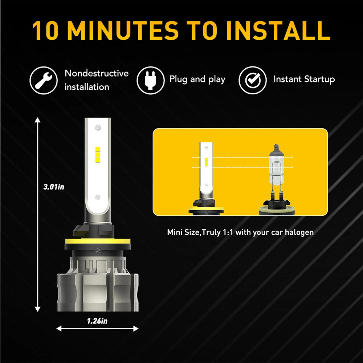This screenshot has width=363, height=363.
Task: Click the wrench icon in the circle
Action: [44, 80]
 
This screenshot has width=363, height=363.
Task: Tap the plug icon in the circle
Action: [151, 80]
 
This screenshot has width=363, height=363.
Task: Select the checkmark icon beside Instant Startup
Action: [253, 80]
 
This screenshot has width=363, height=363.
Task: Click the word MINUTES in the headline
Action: [123, 31]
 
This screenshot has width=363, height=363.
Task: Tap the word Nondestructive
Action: [97, 73]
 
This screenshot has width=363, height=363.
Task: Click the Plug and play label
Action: [197, 79]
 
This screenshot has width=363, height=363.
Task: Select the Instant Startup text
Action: [304, 79]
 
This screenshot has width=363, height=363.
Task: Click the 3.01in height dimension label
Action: [54, 187]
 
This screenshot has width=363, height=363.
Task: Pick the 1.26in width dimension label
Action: [97, 321]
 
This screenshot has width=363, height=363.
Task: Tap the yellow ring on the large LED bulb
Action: [98, 241]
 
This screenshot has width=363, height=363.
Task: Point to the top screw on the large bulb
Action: [98, 127]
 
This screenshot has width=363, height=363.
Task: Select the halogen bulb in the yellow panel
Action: [276, 180]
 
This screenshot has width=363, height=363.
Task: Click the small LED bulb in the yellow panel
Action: [206, 179]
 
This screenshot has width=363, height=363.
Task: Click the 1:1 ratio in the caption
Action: [228, 232]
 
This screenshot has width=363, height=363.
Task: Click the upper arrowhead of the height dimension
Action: [37, 120]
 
